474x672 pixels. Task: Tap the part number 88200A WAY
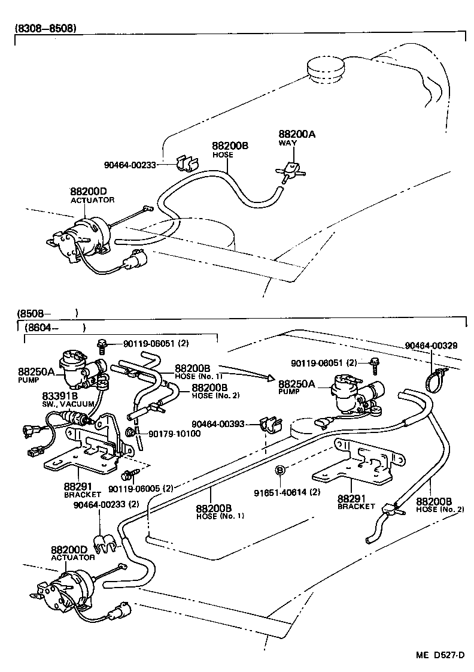point(296,139)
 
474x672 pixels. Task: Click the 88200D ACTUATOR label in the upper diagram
point(92,195)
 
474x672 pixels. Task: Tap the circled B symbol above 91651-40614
point(279,471)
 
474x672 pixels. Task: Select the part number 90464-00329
point(431,346)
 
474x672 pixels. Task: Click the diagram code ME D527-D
point(440,654)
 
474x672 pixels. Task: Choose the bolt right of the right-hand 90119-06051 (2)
point(375,363)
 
